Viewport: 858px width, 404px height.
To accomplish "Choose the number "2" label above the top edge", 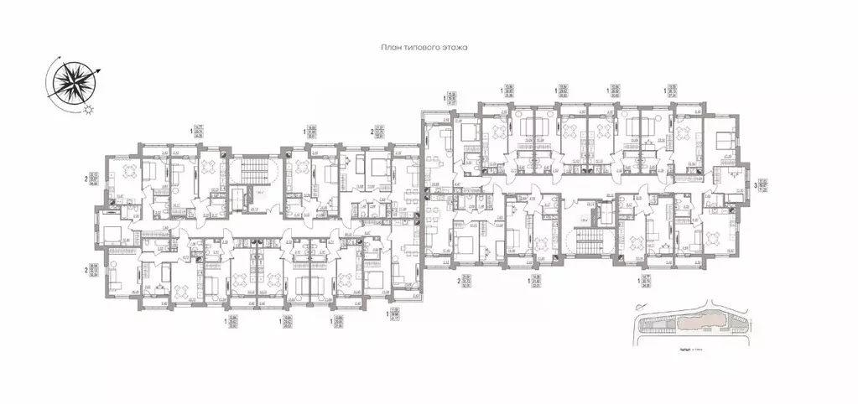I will pos(372,132).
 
